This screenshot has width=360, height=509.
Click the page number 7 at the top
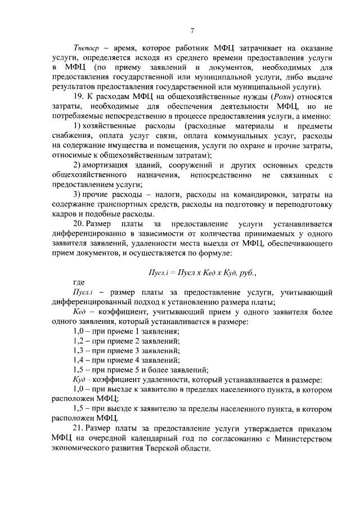pyautogui.click(x=192, y=30)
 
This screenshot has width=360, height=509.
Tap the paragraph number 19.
pyautogui.click(x=79, y=97)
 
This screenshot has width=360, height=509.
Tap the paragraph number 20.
pyautogui.click(x=79, y=224)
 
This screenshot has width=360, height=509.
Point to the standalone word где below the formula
pyautogui.click(x=79, y=282)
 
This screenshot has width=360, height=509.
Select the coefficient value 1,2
pyautogui.click(x=79, y=341)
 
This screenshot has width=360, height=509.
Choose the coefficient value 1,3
pyautogui.click(x=79, y=350)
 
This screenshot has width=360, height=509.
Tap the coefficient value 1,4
pyautogui.click(x=79, y=360)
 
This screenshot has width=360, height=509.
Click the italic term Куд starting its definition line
pyautogui.click(x=80, y=380)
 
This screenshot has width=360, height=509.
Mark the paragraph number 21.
pyautogui.click(x=79, y=429)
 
